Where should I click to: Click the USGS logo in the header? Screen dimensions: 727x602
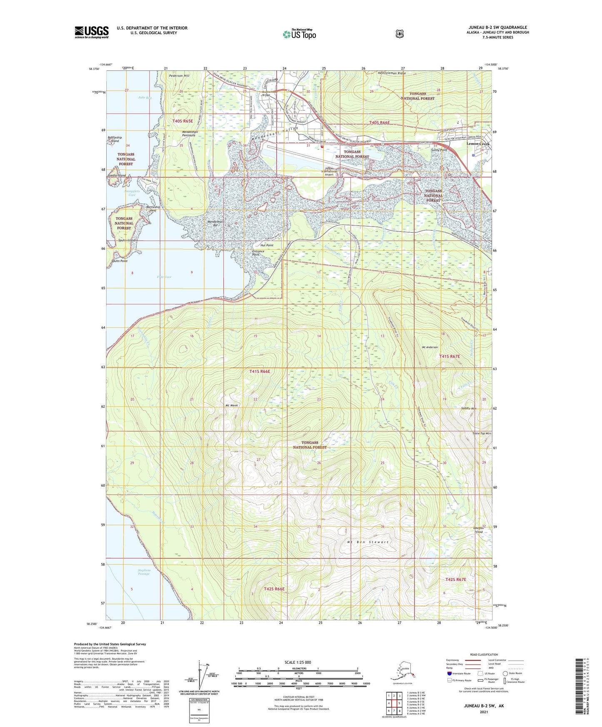pos(92,32)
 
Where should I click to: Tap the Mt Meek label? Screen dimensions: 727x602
pos(232,405)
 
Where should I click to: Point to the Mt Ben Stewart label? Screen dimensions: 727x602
pos(368,542)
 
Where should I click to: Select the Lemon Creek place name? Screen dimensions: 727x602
pos(477,144)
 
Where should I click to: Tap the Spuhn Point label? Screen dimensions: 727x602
pos(120,261)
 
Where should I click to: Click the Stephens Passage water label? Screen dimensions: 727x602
pos(144,572)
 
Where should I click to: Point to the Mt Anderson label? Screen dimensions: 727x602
pos(430,347)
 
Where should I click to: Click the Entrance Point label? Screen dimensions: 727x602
pos(258,253)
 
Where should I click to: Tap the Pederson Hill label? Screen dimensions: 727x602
pos(179,76)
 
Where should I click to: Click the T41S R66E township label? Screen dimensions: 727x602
pos(260,371)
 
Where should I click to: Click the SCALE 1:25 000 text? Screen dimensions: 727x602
pos(297,662)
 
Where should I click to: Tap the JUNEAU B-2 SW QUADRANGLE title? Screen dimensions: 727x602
pos(497,27)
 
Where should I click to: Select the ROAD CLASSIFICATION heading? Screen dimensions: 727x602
pos(484,655)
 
